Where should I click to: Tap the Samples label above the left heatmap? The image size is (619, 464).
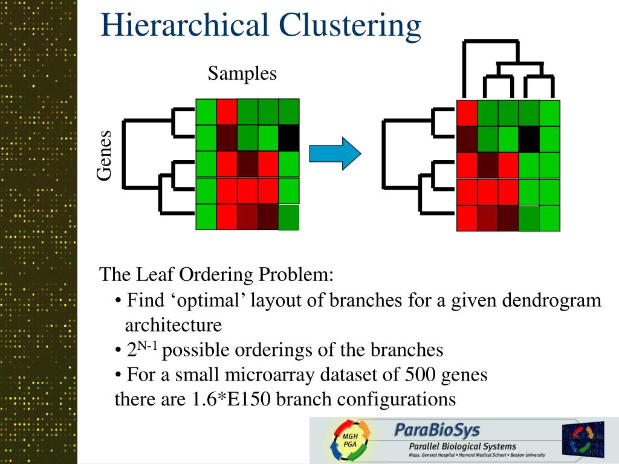242,73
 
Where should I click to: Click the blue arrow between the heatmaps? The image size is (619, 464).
334,153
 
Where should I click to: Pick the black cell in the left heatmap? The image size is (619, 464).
288,138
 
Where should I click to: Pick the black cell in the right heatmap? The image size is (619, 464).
529,139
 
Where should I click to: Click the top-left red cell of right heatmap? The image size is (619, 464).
467,113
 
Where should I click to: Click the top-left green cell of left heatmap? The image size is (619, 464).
206,112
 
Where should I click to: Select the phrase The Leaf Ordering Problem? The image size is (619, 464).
216,275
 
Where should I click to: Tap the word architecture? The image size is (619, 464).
173,325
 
